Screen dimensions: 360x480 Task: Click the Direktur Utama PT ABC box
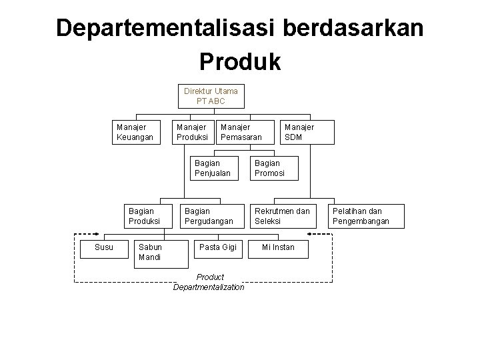click(x=211, y=96)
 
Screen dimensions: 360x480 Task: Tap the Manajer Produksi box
click(x=191, y=132)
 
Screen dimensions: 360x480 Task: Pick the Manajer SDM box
click(x=299, y=132)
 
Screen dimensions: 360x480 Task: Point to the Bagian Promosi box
click(x=274, y=168)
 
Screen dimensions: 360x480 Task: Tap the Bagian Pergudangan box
click(x=210, y=216)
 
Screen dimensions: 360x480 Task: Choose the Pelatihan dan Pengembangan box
click(x=366, y=216)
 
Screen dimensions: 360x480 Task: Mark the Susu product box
click(x=103, y=247)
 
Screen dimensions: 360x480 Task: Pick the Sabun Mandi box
click(x=156, y=252)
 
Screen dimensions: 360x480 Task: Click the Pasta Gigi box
click(x=219, y=247)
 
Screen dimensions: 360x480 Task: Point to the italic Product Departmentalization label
click(x=209, y=282)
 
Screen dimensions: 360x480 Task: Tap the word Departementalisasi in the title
click(x=166, y=28)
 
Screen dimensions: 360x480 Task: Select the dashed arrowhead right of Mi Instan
click(x=310, y=234)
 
